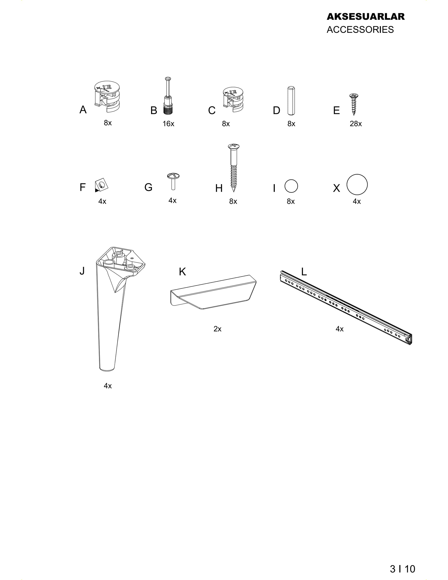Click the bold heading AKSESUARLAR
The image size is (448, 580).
point(366,16)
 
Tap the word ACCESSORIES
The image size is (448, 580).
point(360,29)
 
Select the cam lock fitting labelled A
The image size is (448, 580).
point(107,96)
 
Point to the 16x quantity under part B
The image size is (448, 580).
point(168,124)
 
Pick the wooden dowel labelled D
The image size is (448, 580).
point(291,101)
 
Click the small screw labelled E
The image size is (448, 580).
point(354,104)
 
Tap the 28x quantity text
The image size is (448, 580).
point(356,124)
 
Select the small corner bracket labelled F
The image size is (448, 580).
point(102,184)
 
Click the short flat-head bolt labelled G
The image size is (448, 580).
point(173,181)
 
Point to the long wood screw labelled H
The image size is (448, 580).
point(233,168)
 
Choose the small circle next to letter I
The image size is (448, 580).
point(291,186)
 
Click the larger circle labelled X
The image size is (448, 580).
point(357,184)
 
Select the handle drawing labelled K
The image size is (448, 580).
point(213,292)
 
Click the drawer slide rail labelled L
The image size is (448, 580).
point(346,307)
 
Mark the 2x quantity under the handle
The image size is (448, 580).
point(218,329)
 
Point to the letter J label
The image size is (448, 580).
point(82,271)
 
